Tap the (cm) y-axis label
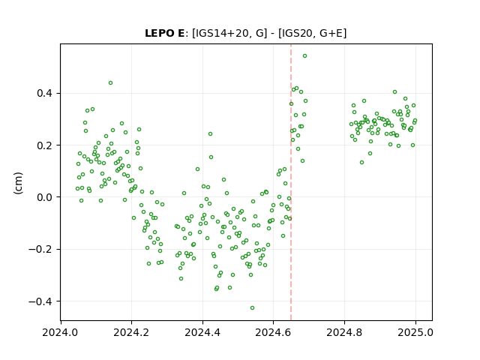tap(18, 183)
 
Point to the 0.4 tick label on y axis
tap(44, 93)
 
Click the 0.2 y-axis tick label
tap(44, 145)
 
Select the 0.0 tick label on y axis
tap(44, 197)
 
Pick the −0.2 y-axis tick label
tap(40, 249)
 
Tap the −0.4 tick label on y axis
tap(40, 301)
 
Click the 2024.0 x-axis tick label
tap(60, 332)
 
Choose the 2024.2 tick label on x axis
tap(131, 332)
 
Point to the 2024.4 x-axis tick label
tap(202, 332)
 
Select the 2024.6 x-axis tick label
tap(273, 332)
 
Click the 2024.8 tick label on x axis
tap(344, 332)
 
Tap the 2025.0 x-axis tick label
tap(415, 332)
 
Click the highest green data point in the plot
tap(305, 56)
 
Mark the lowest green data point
tap(252, 308)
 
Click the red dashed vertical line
tap(291, 182)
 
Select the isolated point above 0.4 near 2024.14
tap(110, 83)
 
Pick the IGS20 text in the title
tap(296, 33)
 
